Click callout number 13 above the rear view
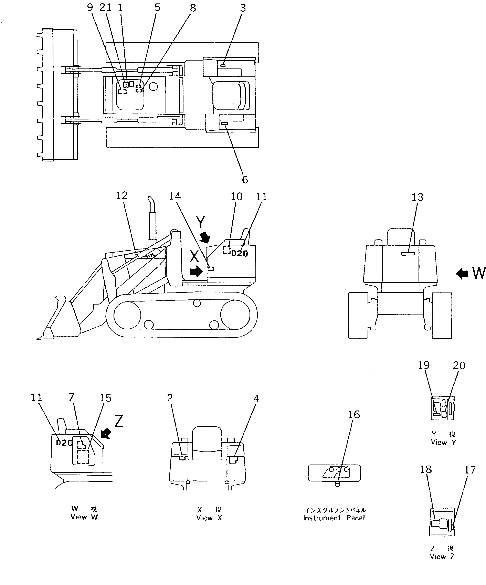[x=417, y=197]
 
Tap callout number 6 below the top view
[x=245, y=180]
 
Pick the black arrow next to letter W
[x=462, y=274]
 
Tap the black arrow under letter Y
[x=206, y=238]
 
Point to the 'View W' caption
[x=84, y=517]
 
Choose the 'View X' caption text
[x=209, y=518]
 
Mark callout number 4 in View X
[x=256, y=398]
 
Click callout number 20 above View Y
[x=459, y=365]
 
